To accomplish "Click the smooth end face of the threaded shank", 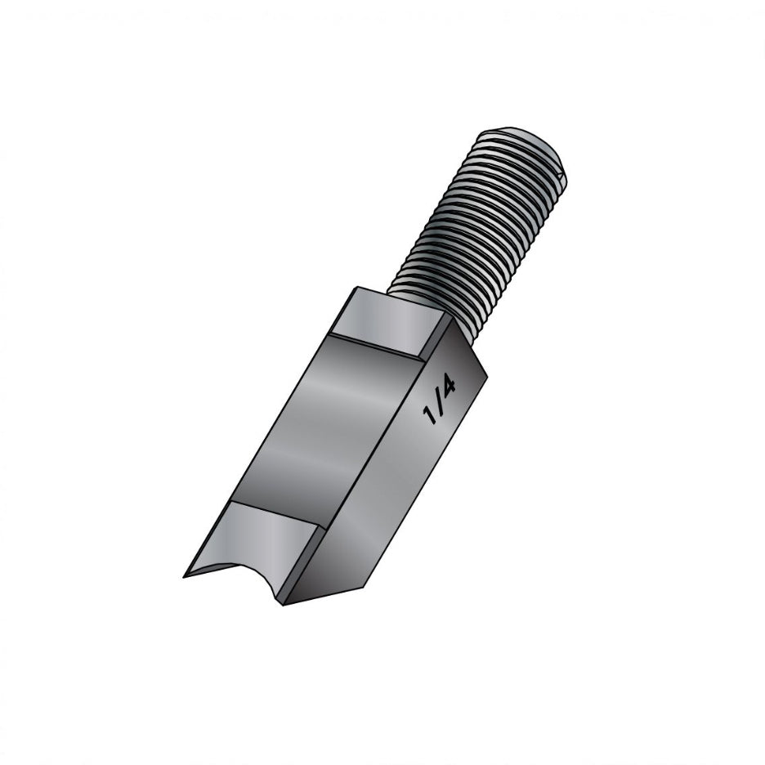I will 523,140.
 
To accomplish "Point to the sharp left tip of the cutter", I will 186,576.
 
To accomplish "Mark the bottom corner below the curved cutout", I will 282,604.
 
